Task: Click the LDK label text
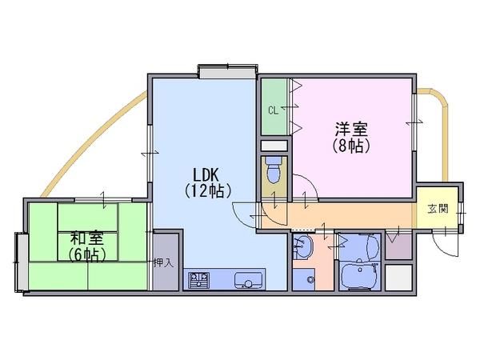pos(205,174)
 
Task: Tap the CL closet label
pos(273,110)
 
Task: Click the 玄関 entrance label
pos(437,210)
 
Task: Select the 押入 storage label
pos(163,262)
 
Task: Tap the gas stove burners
pos(198,279)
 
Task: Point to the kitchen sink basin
pos(248,280)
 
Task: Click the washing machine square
pos(302,279)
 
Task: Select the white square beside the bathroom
pos(398,277)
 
